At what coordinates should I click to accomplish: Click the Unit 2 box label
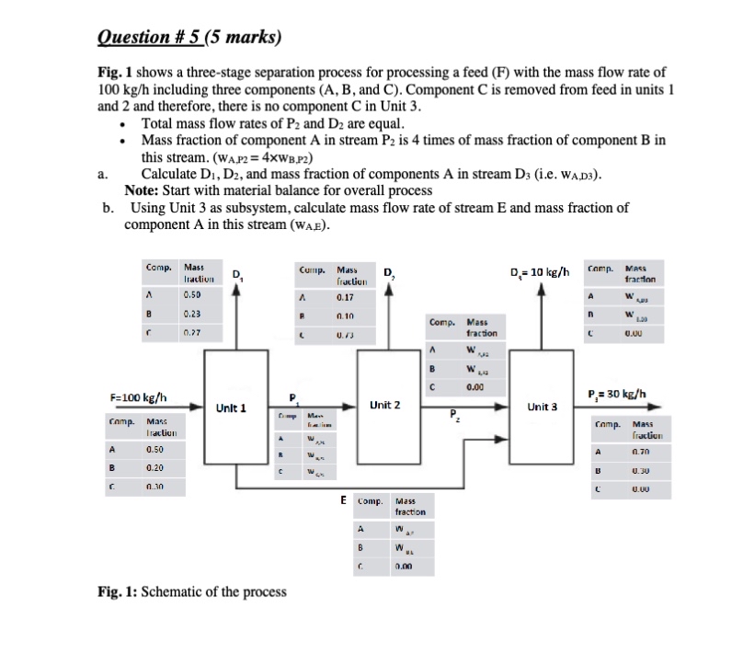383,405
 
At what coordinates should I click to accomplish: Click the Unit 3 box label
543,406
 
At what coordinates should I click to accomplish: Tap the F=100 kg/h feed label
139,397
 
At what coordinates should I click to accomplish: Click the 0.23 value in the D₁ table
192,313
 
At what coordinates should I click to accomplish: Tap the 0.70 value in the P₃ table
641,453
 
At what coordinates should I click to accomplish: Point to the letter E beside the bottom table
343,502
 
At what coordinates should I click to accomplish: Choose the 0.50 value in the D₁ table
192,296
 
